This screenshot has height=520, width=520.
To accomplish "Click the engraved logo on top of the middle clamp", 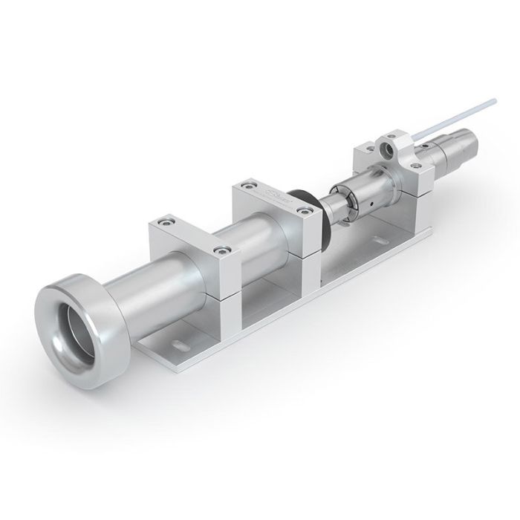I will click(x=273, y=197).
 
